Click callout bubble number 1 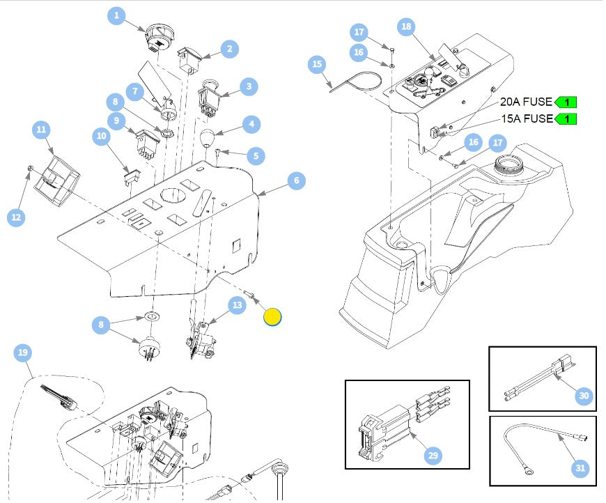(116, 15)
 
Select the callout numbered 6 (296, 180)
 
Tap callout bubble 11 (41, 130)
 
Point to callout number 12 (16, 217)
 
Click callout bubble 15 (318, 65)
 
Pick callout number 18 (406, 27)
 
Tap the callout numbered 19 (23, 354)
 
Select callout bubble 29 (433, 456)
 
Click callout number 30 (584, 396)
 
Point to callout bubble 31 (580, 468)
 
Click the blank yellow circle (272, 317)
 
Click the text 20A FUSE (526, 102)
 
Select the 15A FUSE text (526, 118)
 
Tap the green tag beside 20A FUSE (566, 102)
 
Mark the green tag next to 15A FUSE (566, 118)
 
